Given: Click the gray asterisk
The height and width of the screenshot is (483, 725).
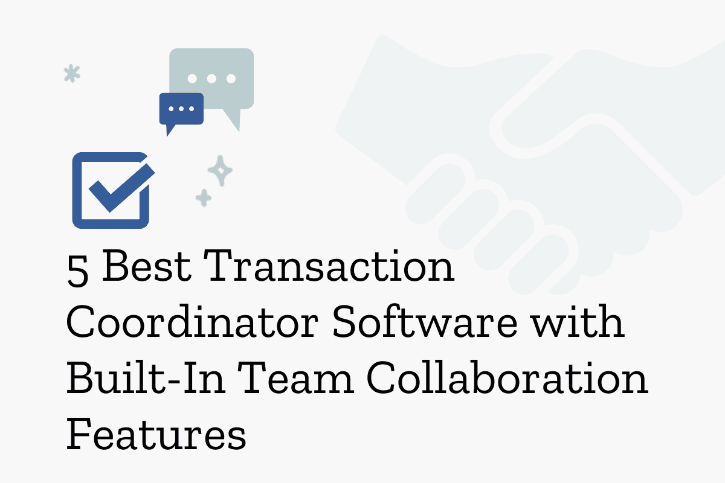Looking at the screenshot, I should tap(72, 74).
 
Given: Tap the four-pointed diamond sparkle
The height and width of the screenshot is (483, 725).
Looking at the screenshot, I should tap(220, 170).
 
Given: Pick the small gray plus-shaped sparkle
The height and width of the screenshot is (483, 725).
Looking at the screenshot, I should tap(204, 197).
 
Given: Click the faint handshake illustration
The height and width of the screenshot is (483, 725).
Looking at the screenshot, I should tap(532, 151).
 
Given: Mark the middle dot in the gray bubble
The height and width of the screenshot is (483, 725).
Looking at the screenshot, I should tap(211, 78).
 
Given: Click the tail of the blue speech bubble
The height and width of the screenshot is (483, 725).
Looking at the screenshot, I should tap(170, 129).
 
